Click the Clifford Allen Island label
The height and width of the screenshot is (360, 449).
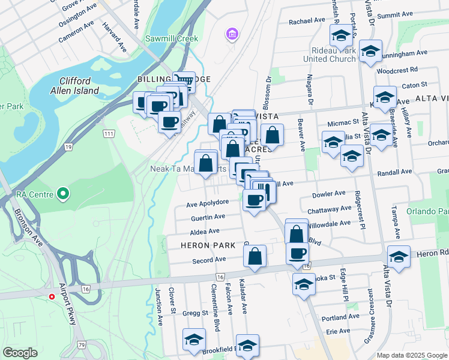[74, 86]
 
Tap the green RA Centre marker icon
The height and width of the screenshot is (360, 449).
[62, 194]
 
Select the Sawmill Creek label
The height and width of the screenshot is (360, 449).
[171, 38]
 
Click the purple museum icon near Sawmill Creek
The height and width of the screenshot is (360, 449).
[232, 35]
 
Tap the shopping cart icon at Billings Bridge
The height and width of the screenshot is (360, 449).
[184, 81]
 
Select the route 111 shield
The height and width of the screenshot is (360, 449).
[109, 133]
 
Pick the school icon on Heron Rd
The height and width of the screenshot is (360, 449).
[398, 256]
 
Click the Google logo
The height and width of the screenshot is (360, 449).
[20, 352]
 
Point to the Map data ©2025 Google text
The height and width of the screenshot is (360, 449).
[411, 355]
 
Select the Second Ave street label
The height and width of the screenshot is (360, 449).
[208, 260]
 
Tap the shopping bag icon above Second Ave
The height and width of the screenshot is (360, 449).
[255, 256]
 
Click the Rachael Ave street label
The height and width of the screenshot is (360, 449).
[306, 20]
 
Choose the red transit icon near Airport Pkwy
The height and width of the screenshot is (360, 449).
[52, 296]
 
